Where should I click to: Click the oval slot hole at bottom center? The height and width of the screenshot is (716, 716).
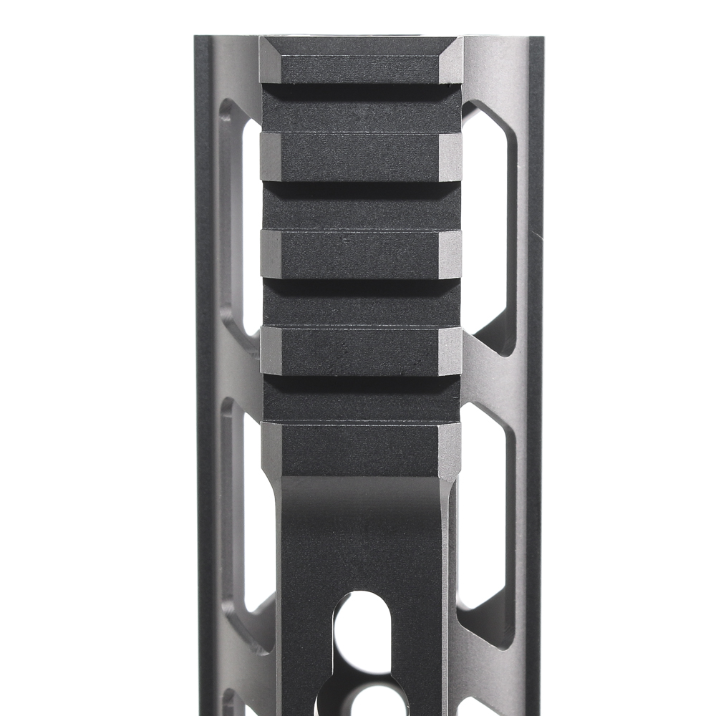(362, 630)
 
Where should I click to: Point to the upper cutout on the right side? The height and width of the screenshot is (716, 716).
(487, 229)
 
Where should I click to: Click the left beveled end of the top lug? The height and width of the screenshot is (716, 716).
(270, 62)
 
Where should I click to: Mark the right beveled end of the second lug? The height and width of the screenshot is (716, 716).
(450, 157)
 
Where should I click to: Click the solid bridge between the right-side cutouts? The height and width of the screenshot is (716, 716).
(494, 379)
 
